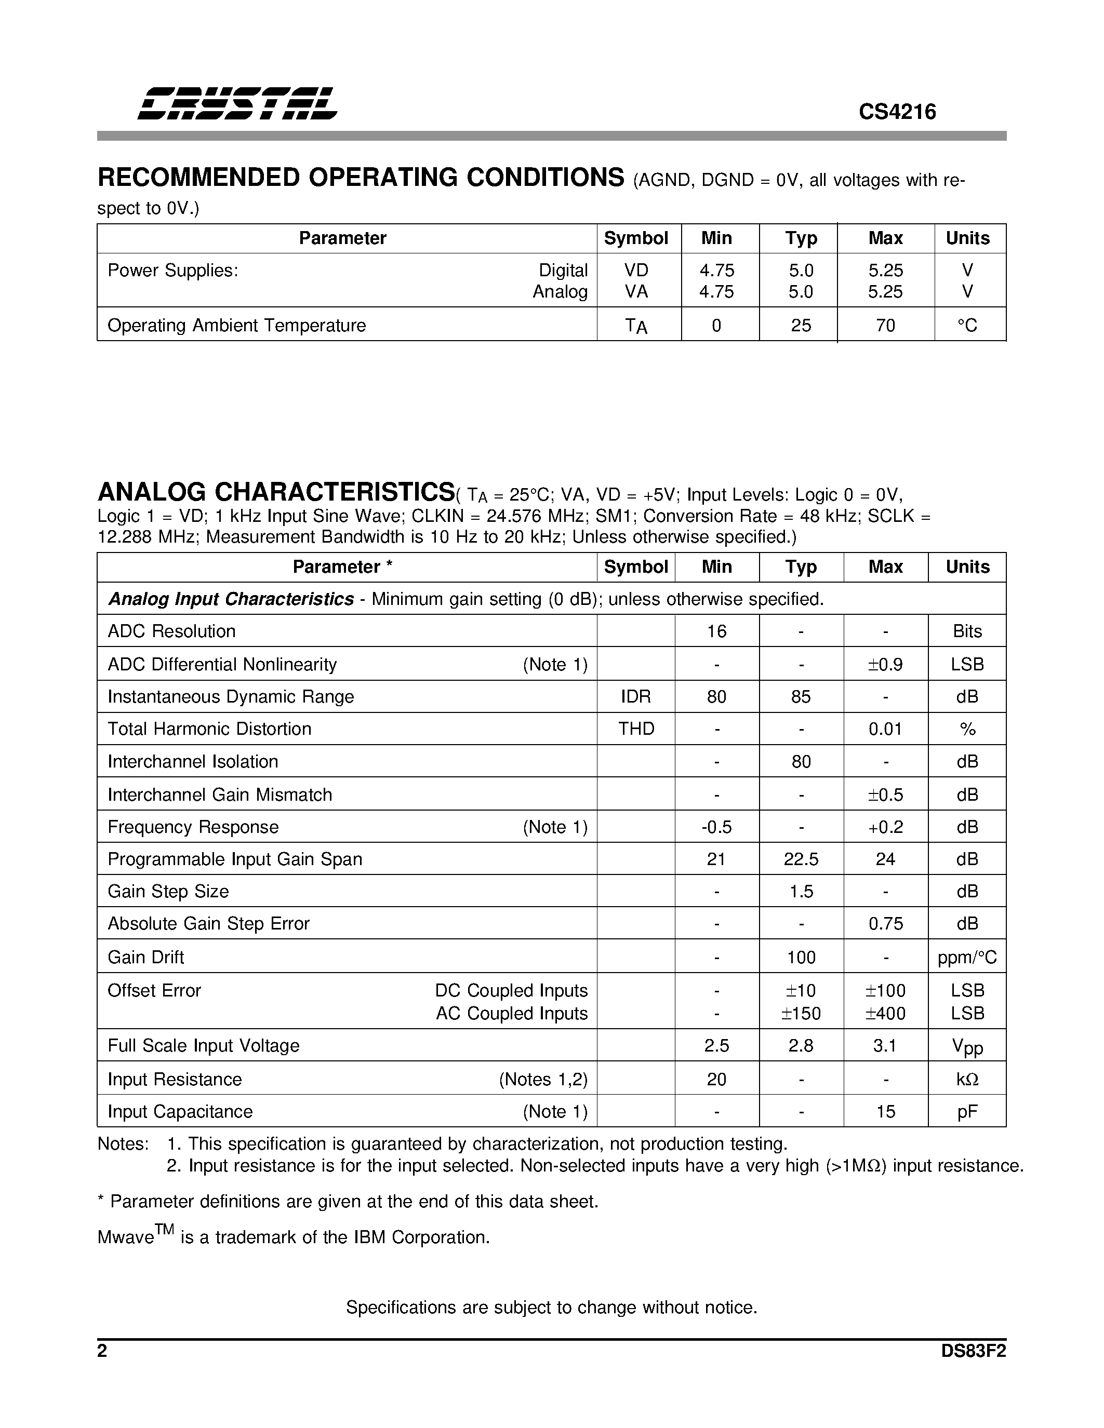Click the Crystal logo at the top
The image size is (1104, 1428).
tap(237, 103)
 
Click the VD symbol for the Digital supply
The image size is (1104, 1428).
tap(636, 270)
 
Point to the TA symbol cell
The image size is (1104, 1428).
tap(636, 326)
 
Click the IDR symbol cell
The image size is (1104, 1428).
tap(636, 696)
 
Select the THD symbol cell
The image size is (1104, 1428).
tap(636, 729)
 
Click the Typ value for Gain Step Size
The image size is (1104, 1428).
tap(801, 891)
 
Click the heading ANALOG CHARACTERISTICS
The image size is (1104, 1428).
tap(276, 492)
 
